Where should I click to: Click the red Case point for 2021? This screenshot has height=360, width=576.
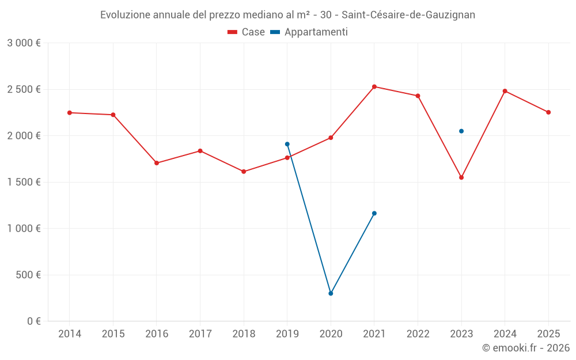click(x=374, y=87)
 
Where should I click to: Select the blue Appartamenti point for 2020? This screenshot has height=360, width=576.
click(x=331, y=293)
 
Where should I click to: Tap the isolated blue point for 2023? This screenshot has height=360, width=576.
click(x=461, y=131)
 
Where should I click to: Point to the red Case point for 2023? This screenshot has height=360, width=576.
click(x=461, y=177)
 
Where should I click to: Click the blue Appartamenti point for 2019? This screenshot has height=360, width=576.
click(x=287, y=144)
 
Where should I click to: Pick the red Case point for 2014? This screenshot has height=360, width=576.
click(x=70, y=113)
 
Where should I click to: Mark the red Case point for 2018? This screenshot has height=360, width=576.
click(x=244, y=172)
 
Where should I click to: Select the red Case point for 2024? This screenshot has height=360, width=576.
click(x=505, y=91)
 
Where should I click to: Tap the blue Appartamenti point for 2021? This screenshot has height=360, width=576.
click(x=374, y=213)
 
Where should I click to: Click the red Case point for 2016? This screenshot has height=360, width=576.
click(x=157, y=163)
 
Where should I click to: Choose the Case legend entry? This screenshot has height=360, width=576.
click(x=247, y=32)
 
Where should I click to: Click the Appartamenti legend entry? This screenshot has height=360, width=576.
click(x=309, y=32)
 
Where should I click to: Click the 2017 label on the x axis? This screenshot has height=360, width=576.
click(x=200, y=334)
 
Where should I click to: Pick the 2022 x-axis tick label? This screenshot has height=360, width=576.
click(x=418, y=334)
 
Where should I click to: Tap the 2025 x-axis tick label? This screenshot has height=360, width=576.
click(x=548, y=334)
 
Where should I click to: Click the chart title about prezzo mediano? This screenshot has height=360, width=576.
click(x=287, y=15)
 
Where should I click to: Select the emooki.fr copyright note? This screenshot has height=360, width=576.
click(x=526, y=348)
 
